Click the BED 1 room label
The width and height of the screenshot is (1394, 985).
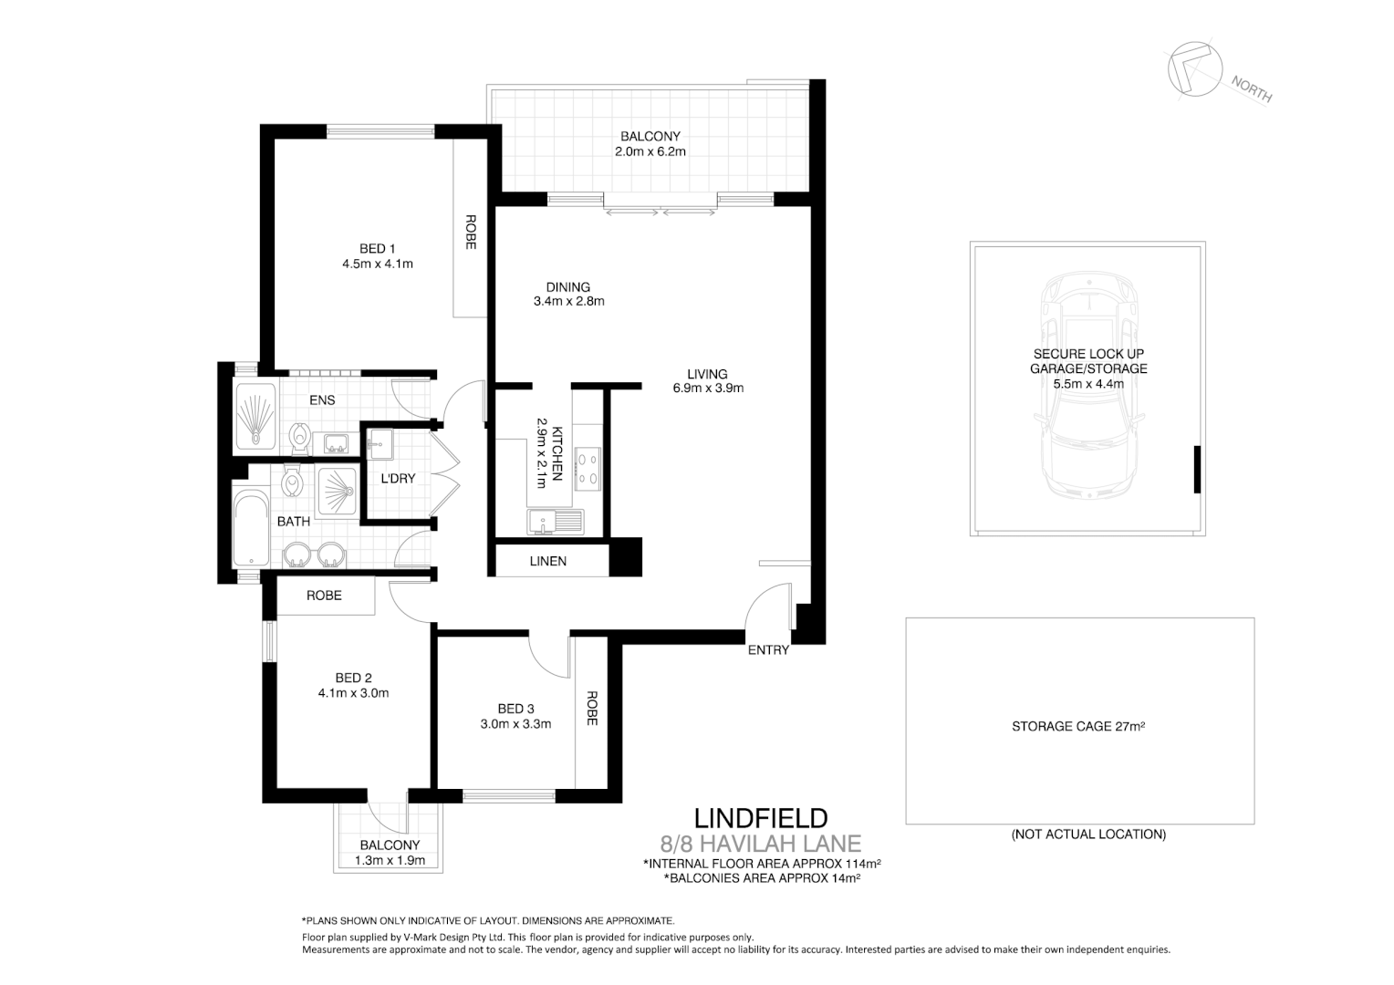click(377, 249)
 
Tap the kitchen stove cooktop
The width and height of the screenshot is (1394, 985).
click(588, 469)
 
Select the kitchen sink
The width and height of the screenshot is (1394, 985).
click(555, 523)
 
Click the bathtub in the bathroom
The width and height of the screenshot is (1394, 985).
click(250, 530)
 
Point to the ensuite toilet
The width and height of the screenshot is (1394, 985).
click(299, 438)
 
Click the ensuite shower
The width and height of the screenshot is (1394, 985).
click(255, 417)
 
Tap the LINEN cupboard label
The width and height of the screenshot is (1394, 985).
click(547, 561)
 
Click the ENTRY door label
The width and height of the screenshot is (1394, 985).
click(768, 650)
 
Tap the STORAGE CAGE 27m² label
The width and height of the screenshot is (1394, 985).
click(1078, 727)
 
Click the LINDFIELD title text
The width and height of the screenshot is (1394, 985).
click(761, 817)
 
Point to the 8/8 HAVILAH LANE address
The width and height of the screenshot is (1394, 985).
click(760, 844)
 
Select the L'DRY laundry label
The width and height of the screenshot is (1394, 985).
click(398, 478)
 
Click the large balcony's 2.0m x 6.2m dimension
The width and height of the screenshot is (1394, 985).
click(650, 151)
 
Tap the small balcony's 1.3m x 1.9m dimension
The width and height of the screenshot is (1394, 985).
click(390, 860)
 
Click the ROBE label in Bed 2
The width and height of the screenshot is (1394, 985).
click(324, 596)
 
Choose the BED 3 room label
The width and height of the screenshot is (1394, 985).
click(515, 709)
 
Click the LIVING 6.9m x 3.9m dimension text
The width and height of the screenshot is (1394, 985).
click(707, 388)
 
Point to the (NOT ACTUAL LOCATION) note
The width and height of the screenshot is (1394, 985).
click(1088, 834)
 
